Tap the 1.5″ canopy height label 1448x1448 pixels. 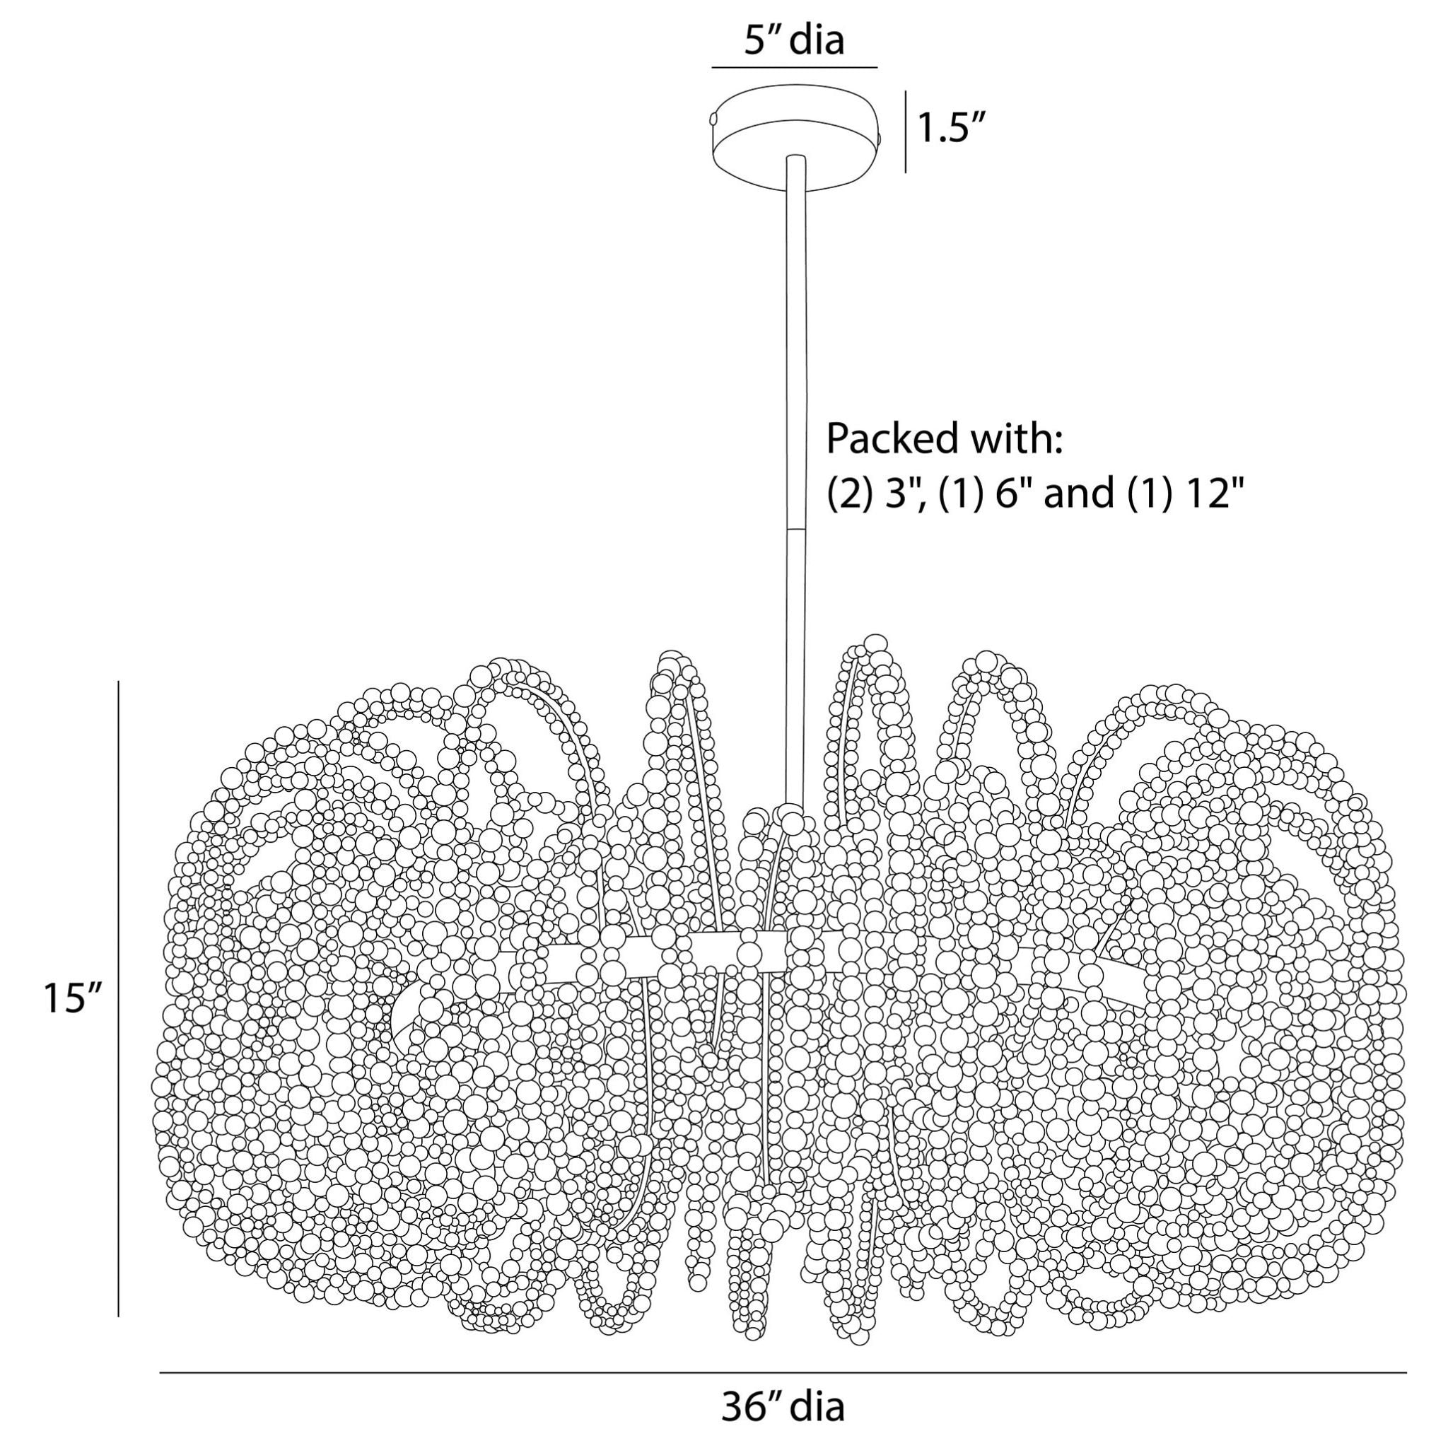pyautogui.click(x=950, y=129)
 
